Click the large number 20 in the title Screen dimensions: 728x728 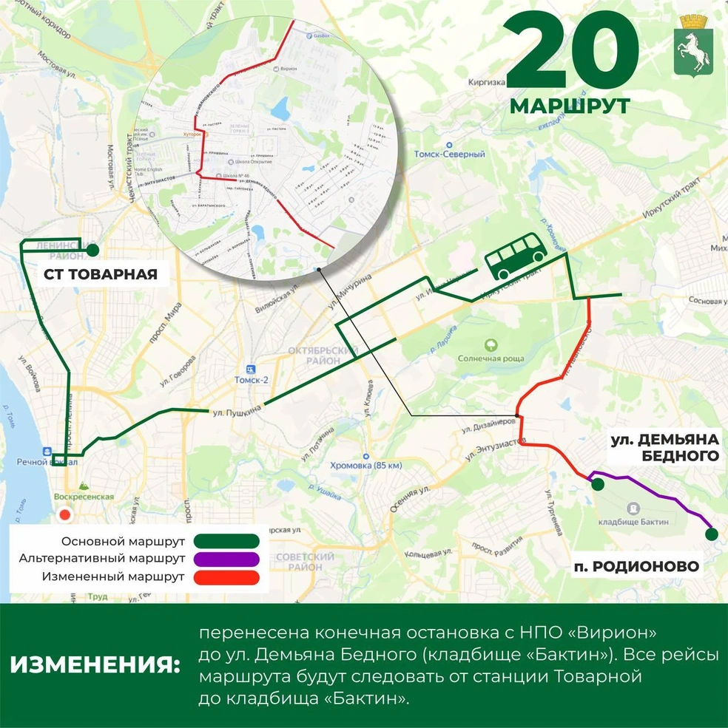pyautogui.click(x=572, y=53)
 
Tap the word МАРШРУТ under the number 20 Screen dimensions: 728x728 pyautogui.click(x=570, y=106)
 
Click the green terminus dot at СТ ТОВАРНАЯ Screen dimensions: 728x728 pyautogui.click(x=93, y=250)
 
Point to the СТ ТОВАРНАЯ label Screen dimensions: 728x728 pyautogui.click(x=101, y=275)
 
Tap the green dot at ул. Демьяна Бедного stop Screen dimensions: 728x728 pyautogui.click(x=596, y=483)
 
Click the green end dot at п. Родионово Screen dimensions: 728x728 pyautogui.click(x=711, y=534)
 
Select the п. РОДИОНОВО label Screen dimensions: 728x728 pyautogui.click(x=636, y=567)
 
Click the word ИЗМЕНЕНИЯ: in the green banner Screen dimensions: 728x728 pyautogui.click(x=95, y=664)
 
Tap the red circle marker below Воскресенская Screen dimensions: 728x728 pyautogui.click(x=65, y=515)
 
